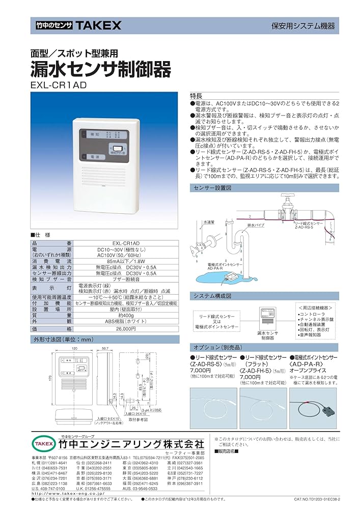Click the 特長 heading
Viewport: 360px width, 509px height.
pos(197,96)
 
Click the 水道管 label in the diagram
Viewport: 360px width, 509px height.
pos(209,222)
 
